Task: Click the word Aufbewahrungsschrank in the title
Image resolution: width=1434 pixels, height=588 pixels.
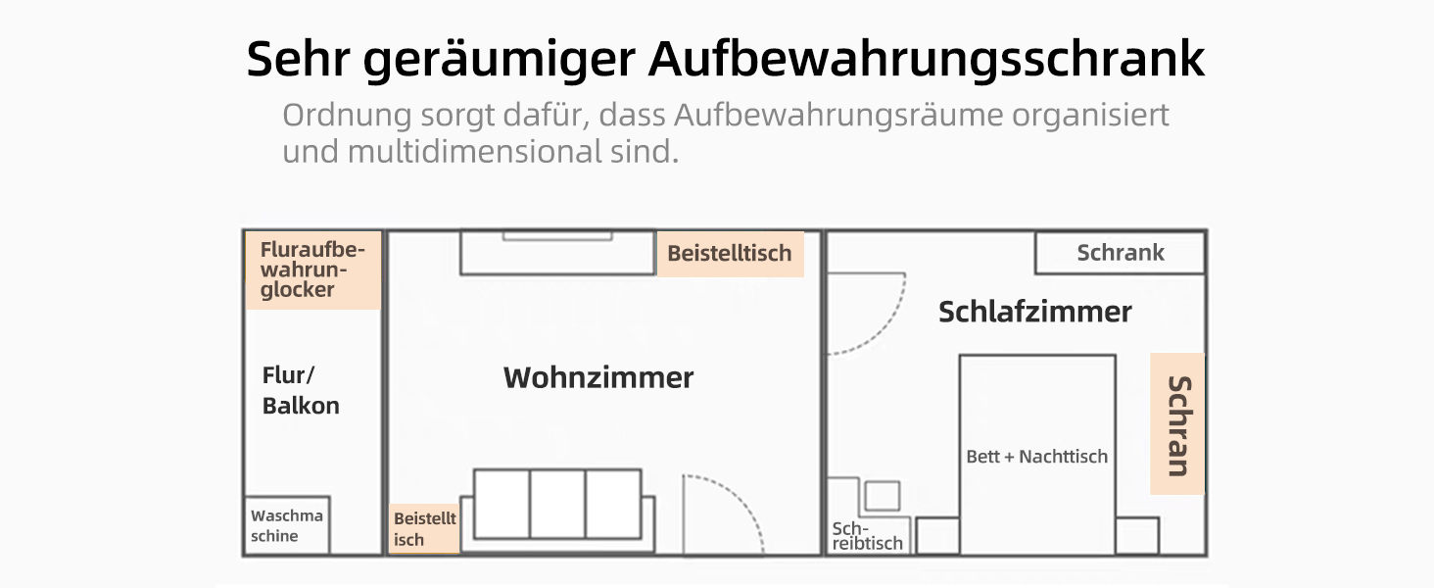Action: (927, 60)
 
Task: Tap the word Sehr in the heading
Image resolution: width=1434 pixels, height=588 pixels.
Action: (299, 59)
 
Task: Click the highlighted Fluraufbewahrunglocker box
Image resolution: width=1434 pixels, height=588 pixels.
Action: (313, 270)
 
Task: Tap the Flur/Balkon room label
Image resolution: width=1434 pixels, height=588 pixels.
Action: (301, 390)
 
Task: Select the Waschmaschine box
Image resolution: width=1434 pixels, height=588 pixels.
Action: (287, 525)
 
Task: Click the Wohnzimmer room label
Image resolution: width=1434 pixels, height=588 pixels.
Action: (597, 377)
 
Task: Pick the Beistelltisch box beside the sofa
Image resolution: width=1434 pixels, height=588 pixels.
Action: (424, 528)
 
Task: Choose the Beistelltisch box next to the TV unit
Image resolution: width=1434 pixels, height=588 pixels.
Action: (730, 254)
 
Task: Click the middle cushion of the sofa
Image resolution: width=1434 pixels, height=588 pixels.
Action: (557, 504)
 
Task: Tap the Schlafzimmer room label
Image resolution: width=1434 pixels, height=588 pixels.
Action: (1034, 312)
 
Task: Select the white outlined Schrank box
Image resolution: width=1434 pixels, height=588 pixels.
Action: (1121, 253)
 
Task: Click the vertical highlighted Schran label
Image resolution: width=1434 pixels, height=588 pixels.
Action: (1177, 424)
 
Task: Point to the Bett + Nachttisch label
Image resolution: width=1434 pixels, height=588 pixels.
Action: (1036, 457)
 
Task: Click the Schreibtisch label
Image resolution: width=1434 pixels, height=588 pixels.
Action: (867, 536)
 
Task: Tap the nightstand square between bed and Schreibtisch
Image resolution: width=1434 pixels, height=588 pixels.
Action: (937, 535)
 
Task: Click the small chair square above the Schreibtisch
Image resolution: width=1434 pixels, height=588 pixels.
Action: (883, 496)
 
